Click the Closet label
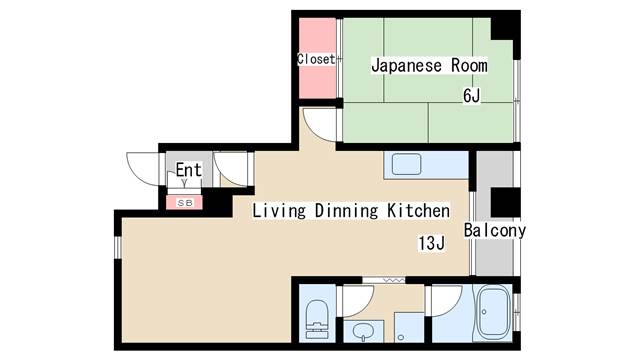point(316,59)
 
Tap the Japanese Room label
point(429,66)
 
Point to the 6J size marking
point(471,96)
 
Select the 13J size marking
point(431,243)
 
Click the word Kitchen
point(418,211)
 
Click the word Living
point(279,211)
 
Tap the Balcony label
point(495,231)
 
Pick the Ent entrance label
point(189,170)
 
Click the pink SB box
point(184,202)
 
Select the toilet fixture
point(317,319)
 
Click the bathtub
point(494,312)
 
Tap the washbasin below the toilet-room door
point(363,331)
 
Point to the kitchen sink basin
point(407,164)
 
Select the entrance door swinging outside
point(143,169)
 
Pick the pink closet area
point(318,58)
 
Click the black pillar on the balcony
point(505,202)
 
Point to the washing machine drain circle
point(401,337)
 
